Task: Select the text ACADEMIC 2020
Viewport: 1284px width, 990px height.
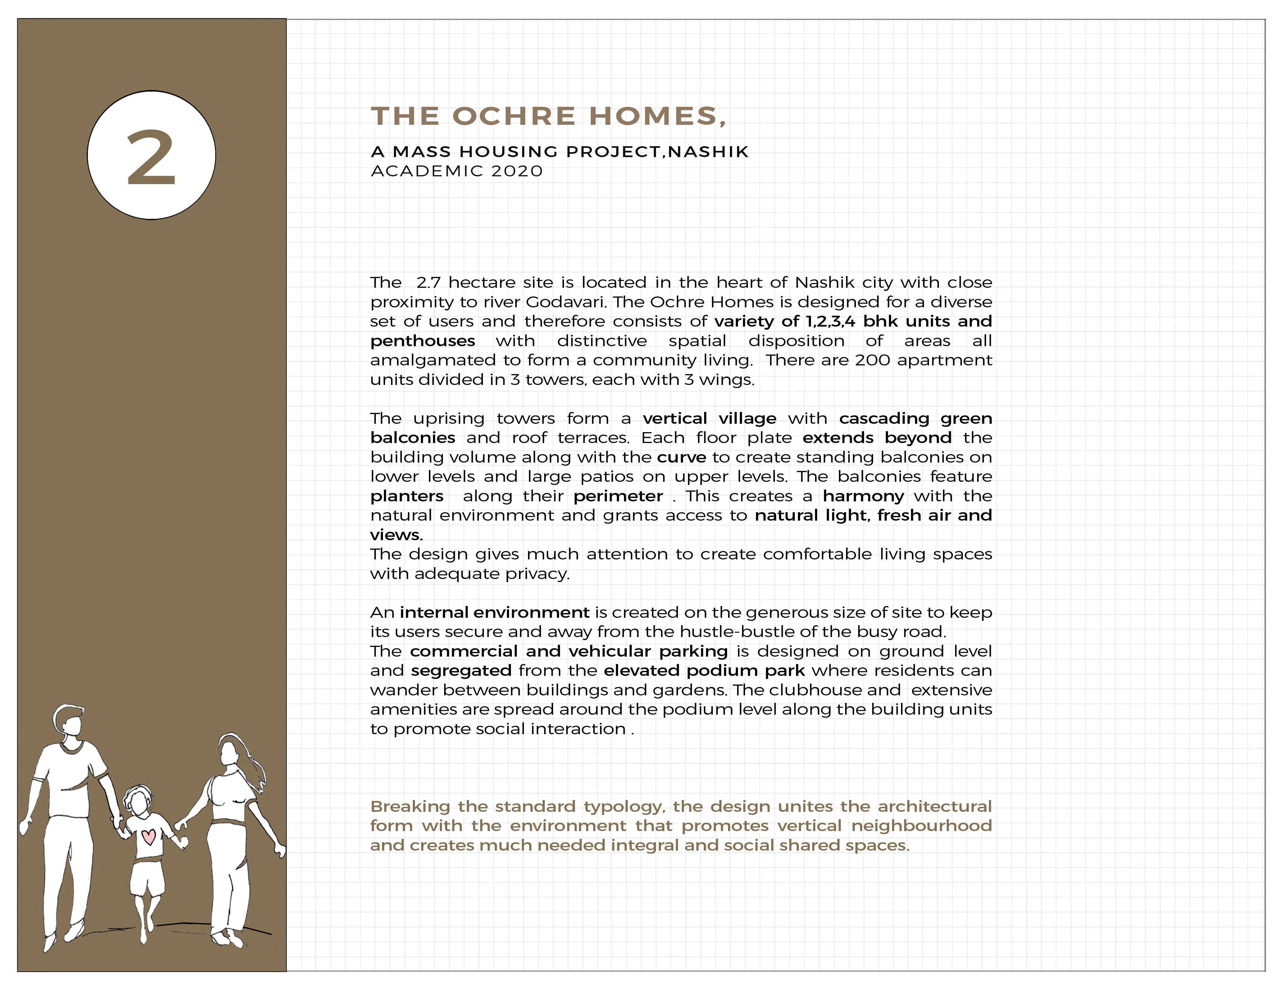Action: pos(457,171)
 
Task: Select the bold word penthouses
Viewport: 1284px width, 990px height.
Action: pos(423,341)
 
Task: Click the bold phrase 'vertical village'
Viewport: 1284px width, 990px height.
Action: pos(709,418)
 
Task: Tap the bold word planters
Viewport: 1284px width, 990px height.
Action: pos(407,496)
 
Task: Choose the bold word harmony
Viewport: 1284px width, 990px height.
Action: pos(863,496)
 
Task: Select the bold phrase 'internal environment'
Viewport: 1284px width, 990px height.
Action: pos(494,612)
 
